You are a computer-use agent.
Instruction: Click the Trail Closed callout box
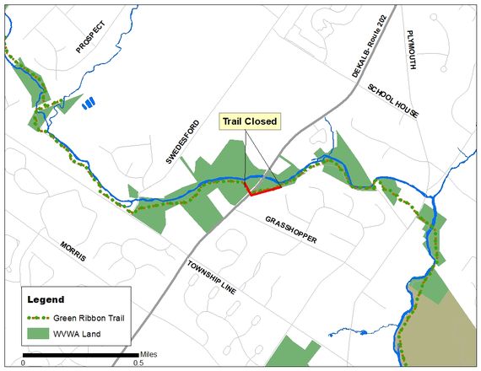(249, 122)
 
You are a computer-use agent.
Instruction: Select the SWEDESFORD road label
(182, 140)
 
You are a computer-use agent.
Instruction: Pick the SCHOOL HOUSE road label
(393, 103)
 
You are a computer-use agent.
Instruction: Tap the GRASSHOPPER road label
(291, 228)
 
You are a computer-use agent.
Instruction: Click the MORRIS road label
(73, 250)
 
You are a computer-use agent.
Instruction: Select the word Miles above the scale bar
(149, 353)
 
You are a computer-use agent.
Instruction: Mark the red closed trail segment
(263, 190)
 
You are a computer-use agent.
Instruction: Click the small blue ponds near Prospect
(89, 104)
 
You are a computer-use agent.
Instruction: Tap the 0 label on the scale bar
(24, 363)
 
